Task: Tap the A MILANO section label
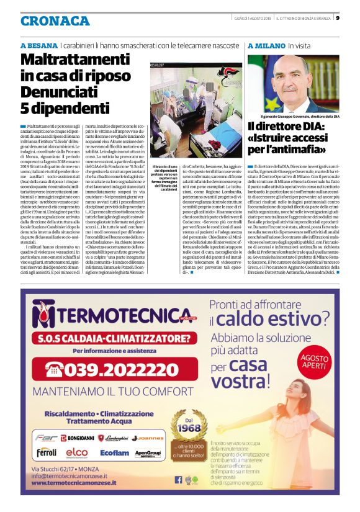pyautogui.click(x=266, y=46)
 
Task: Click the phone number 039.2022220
pyautogui.click(x=103, y=369)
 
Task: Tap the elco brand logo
pyautogui.click(x=76, y=452)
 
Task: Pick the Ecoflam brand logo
pyautogui.click(x=115, y=453)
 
